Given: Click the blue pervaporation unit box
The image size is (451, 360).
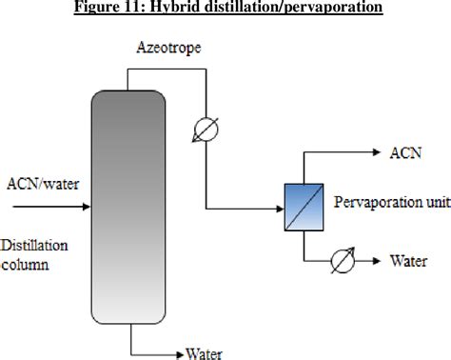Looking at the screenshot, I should pyautogui.click(x=302, y=206).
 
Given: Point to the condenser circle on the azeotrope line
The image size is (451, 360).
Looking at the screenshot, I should pyautogui.click(x=206, y=130).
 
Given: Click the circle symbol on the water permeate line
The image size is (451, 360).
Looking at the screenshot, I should pyautogui.click(x=343, y=258).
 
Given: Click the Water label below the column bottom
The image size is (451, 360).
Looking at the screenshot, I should pyautogui.click(x=204, y=353).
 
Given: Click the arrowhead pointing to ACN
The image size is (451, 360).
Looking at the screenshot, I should pyautogui.click(x=376, y=151).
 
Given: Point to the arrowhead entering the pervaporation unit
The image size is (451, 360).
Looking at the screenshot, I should pyautogui.click(x=281, y=207).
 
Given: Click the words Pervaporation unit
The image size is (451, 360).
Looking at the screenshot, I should pyautogui.click(x=386, y=203).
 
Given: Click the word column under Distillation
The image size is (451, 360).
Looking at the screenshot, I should pyautogui.click(x=26, y=266).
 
